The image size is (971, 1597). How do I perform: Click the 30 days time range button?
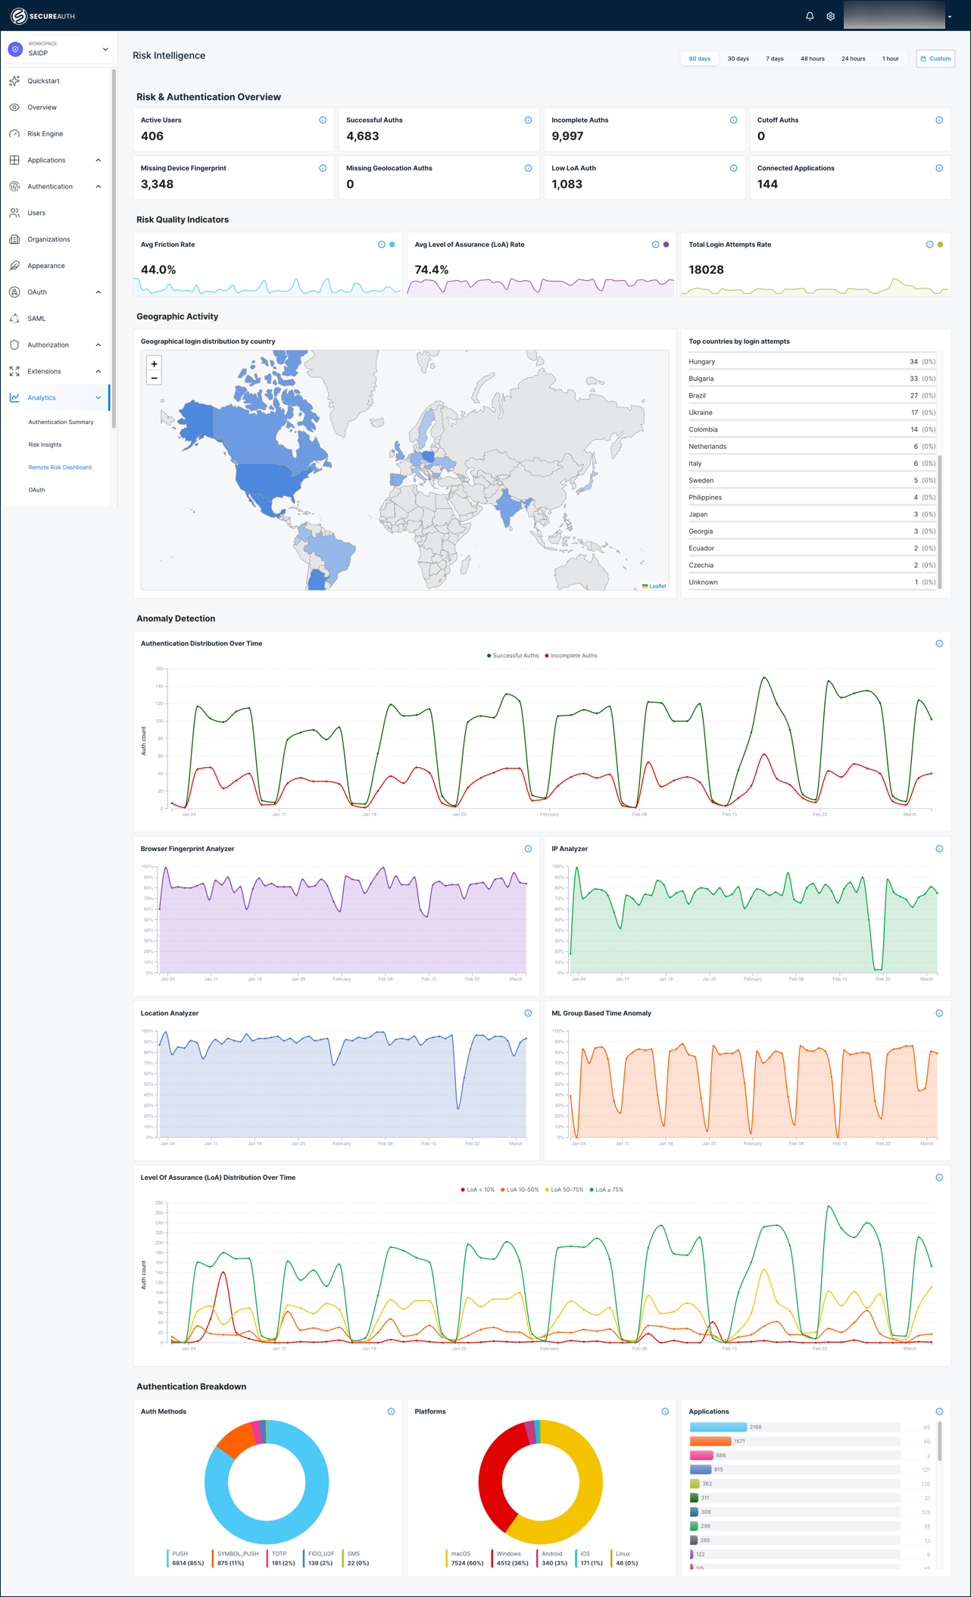tap(738, 58)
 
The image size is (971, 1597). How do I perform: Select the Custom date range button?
tap(935, 58)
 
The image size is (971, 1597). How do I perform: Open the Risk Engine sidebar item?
tap(45, 134)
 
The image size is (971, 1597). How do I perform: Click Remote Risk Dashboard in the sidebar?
tap(60, 467)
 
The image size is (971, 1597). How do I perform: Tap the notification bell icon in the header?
tap(810, 16)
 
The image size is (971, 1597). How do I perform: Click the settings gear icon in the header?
tap(831, 16)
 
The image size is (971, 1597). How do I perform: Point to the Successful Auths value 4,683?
tap(363, 136)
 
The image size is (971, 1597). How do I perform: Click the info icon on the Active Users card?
tap(323, 120)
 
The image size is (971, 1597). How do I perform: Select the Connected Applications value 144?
tap(767, 184)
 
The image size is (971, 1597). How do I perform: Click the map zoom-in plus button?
tap(155, 364)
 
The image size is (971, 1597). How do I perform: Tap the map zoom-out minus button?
tap(155, 378)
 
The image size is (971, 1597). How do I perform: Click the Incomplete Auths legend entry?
tap(573, 656)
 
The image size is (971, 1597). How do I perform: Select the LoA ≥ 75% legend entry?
tap(608, 1190)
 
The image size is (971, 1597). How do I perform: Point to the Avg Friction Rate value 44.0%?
tap(158, 270)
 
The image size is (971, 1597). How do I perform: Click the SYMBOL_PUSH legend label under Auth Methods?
tap(237, 1554)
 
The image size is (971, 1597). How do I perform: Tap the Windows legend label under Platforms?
tap(508, 1554)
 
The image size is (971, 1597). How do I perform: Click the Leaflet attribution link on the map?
tap(657, 586)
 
